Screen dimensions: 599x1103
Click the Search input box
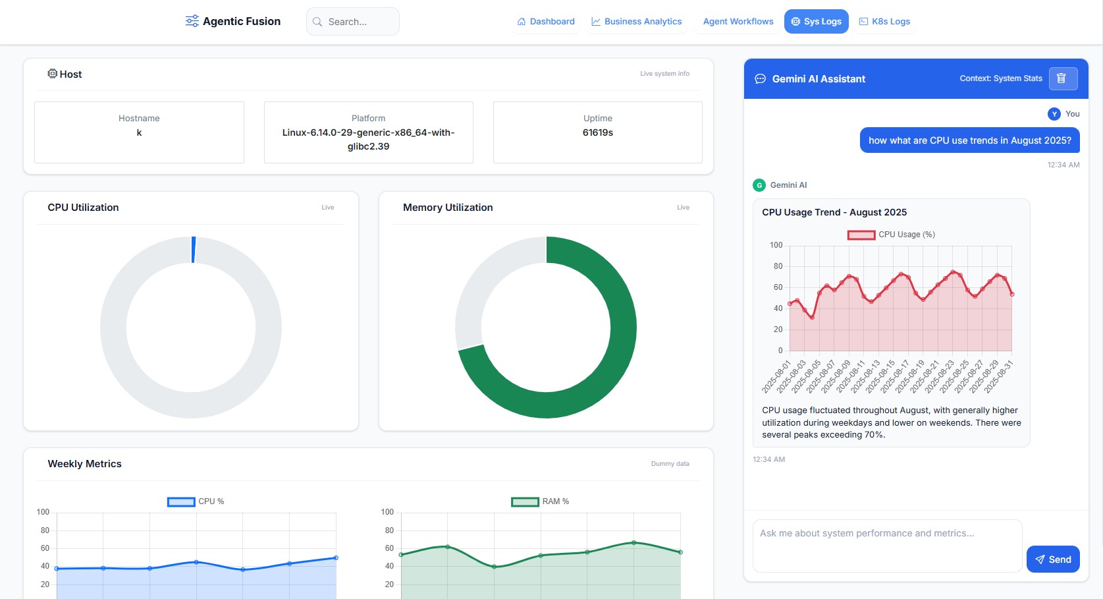point(352,22)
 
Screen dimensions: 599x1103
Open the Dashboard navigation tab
point(546,22)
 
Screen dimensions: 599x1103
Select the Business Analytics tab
point(636,22)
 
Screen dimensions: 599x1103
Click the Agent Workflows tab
point(738,22)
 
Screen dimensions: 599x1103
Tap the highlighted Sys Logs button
point(816,22)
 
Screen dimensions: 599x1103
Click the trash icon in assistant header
point(1062,78)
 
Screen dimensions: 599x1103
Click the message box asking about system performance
point(886,545)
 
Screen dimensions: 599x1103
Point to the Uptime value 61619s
point(597,132)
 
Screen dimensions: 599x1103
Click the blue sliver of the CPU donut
point(194,250)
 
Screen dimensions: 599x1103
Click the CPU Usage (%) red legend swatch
point(861,235)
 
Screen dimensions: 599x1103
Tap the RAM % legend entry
point(540,501)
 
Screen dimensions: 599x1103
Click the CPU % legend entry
point(196,501)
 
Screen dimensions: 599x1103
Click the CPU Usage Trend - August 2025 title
point(834,212)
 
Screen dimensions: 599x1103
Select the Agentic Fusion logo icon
point(192,21)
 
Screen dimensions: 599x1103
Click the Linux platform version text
point(368,139)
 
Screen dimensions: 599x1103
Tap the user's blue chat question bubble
point(969,140)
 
